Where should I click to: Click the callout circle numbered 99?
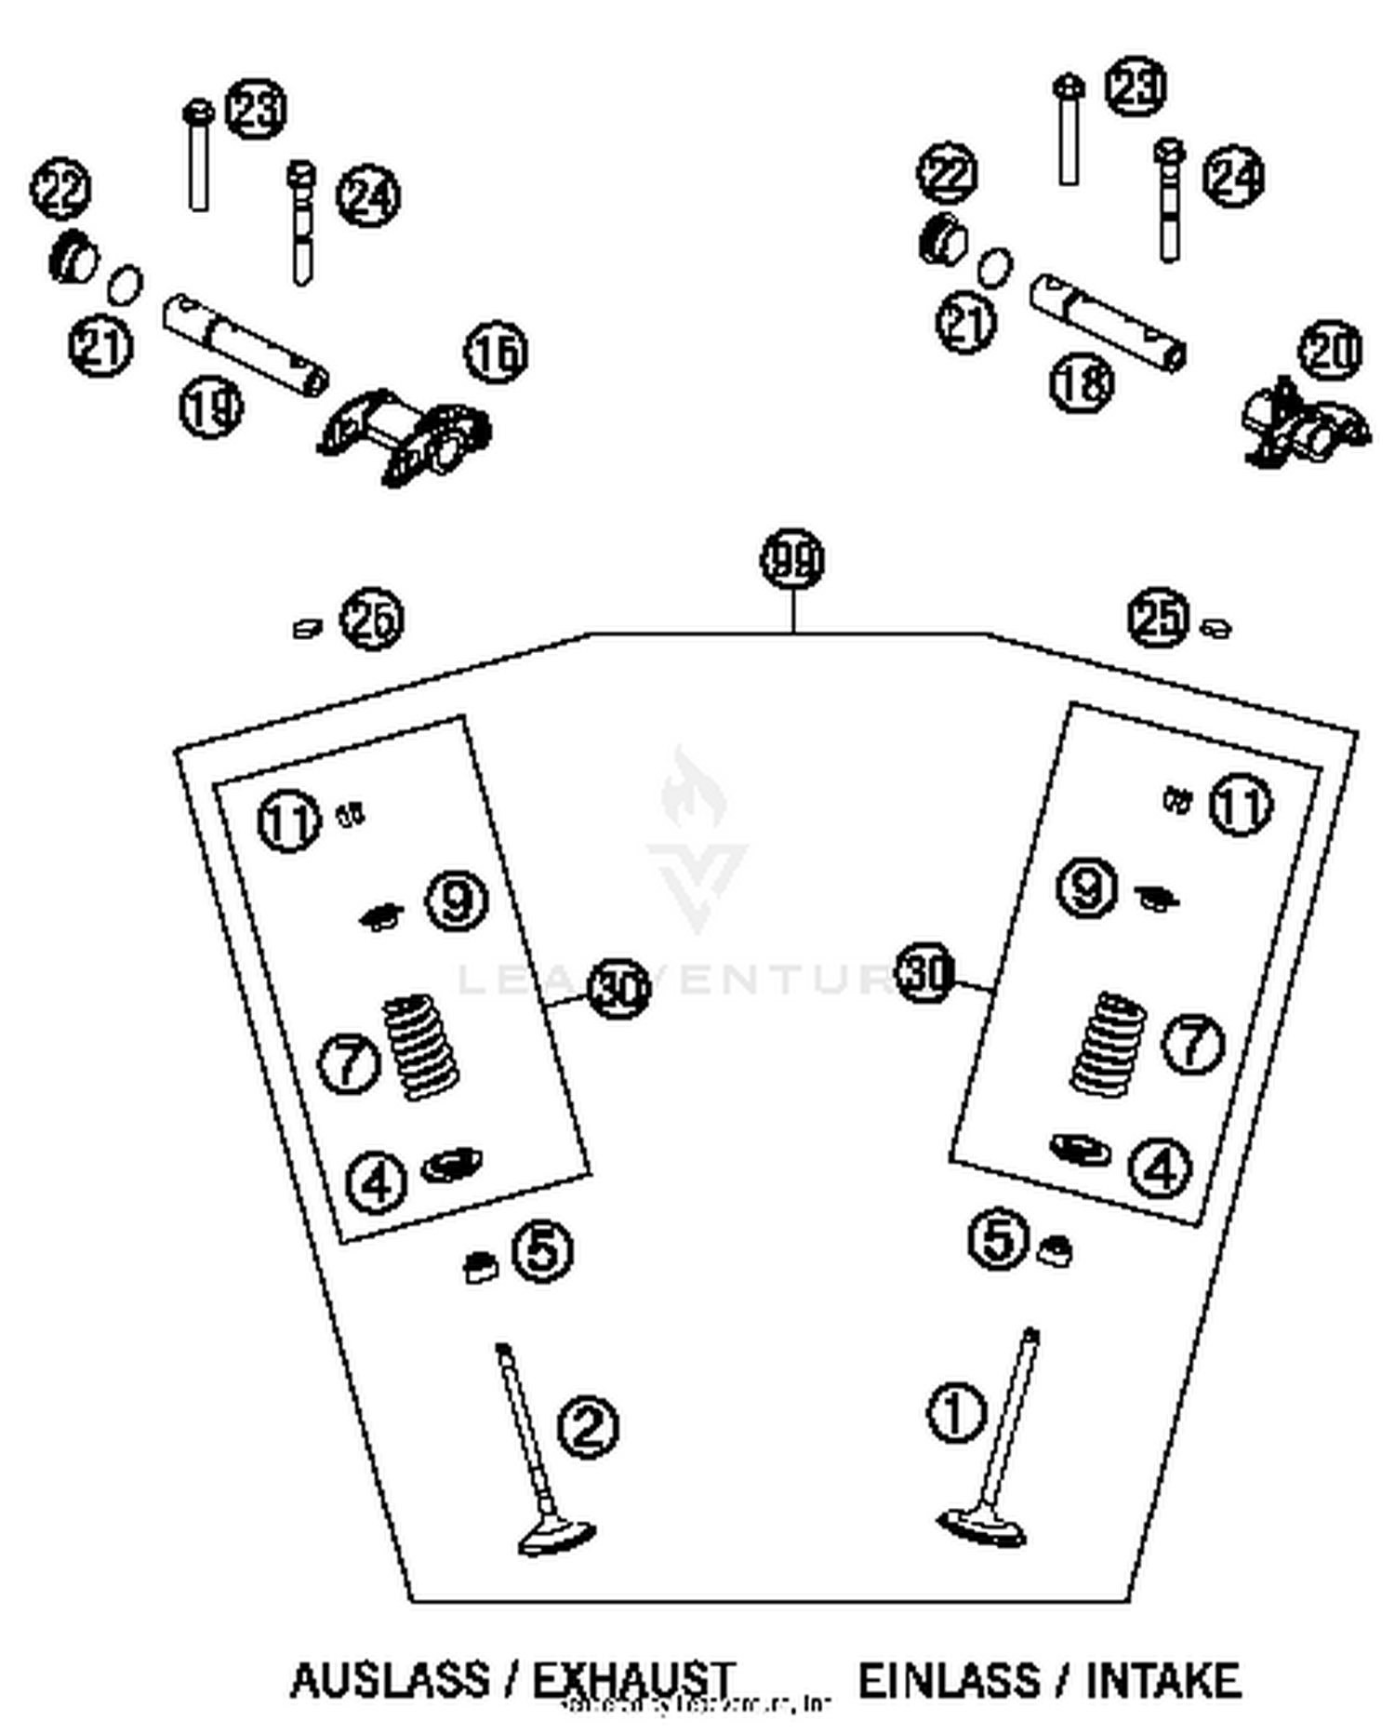point(791,559)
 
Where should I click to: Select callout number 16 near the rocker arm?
point(496,353)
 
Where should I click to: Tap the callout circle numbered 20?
point(1331,351)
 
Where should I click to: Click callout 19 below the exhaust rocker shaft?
point(211,407)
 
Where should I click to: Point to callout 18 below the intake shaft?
point(1082,381)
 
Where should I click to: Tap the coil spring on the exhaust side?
point(421,1046)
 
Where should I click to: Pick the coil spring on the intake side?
point(1108,1043)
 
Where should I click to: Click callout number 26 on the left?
point(371,620)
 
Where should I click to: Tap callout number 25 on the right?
point(1158,618)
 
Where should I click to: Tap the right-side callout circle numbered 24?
point(1233,177)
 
